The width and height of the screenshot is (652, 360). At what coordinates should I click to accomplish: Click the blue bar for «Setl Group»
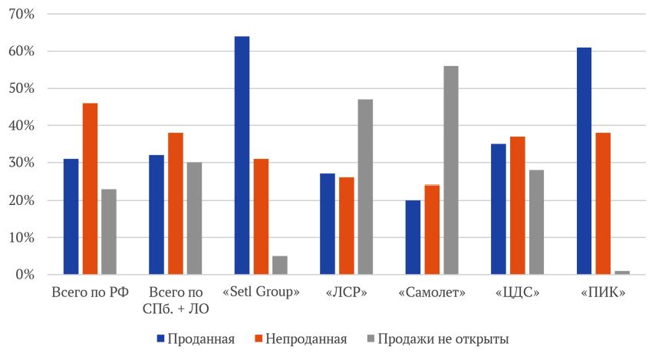coord(242,155)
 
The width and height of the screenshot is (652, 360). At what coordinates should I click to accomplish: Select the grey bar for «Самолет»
coord(450,170)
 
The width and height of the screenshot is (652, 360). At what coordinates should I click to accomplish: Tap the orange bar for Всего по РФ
coord(90,189)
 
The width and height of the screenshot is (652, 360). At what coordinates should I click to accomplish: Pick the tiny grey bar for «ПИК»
coord(621,272)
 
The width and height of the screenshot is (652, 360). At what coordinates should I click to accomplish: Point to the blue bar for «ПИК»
coord(584,160)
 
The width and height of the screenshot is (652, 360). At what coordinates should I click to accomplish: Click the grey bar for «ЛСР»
coord(365,187)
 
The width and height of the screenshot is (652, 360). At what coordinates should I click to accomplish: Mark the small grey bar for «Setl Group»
coord(279,265)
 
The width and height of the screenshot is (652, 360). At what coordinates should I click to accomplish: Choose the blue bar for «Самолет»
coord(413,237)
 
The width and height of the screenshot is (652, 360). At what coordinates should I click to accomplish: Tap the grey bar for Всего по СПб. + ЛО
coord(194,219)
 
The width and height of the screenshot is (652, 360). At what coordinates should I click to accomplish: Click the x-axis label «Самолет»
coord(432,292)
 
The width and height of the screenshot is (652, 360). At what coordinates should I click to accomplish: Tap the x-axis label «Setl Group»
coord(261,292)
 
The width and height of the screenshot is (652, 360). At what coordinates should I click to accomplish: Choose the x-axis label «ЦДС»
coord(517,292)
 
